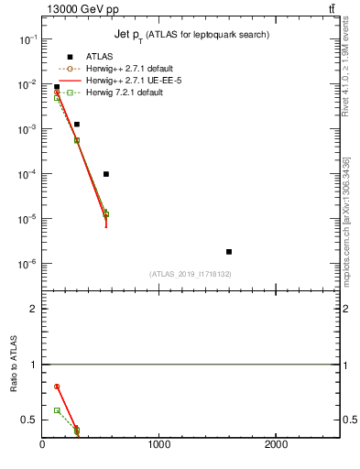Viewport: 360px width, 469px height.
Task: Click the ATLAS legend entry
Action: tap(99, 57)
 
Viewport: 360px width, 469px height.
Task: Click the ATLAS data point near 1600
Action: tap(229, 251)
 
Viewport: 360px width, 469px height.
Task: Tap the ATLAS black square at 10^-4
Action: tap(106, 174)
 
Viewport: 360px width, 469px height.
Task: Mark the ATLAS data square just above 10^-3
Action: tap(77, 124)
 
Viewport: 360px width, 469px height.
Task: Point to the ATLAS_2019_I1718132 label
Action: tap(190, 274)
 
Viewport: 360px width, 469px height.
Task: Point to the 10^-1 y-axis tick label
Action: tap(28, 40)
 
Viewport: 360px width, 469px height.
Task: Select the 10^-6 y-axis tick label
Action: tap(28, 264)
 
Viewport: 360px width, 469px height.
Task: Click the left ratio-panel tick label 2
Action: tap(33, 309)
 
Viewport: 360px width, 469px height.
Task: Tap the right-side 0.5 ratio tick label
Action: tap(349, 420)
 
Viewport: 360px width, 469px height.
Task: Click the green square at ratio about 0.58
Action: tap(57, 410)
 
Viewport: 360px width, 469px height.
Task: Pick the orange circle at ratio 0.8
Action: tap(57, 387)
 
